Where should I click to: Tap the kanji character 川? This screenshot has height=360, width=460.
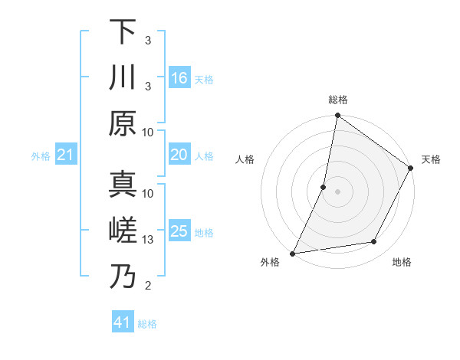click(x=122, y=78)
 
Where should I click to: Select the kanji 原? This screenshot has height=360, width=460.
click(x=122, y=124)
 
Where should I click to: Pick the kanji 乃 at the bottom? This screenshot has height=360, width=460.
click(x=122, y=277)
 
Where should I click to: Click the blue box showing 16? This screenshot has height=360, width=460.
click(x=179, y=78)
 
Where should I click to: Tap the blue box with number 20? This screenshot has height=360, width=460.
click(x=179, y=155)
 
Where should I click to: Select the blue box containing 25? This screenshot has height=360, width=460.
click(x=179, y=232)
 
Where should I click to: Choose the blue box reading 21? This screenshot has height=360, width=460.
click(x=66, y=155)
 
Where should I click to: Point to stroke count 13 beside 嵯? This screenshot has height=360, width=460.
click(x=148, y=240)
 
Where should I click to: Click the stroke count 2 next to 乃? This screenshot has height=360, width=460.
click(x=147, y=286)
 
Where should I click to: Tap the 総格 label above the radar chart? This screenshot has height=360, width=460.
click(x=338, y=100)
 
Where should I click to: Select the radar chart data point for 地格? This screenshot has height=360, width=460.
click(x=374, y=242)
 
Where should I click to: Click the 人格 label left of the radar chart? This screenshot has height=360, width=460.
click(x=245, y=159)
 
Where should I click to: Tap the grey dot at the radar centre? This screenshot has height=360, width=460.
click(x=337, y=191)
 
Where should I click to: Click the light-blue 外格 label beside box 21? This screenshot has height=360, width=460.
click(x=41, y=156)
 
